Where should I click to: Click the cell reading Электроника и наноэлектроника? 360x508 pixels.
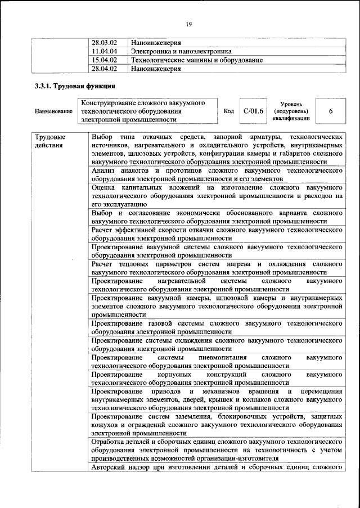(181, 51)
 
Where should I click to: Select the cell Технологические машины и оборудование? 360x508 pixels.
(196, 60)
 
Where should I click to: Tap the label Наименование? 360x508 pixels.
(53, 111)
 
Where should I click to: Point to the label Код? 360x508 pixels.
(229, 111)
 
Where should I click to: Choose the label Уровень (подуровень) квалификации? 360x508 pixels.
(291, 111)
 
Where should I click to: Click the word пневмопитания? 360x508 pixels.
(217, 358)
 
